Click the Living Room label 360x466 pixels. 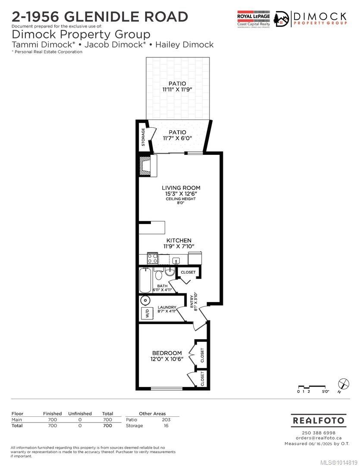181,188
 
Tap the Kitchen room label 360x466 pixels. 179,240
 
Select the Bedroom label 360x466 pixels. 167,353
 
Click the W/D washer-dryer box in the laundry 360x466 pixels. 146,313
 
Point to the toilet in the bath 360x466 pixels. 158,274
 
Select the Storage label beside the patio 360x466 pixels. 143,137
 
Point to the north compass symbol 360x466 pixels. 343,384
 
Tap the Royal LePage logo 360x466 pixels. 254,19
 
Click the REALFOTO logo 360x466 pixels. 319,420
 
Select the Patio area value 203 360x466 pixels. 166,419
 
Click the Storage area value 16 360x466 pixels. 166,425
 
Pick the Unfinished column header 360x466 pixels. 80,413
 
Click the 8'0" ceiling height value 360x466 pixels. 181,204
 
